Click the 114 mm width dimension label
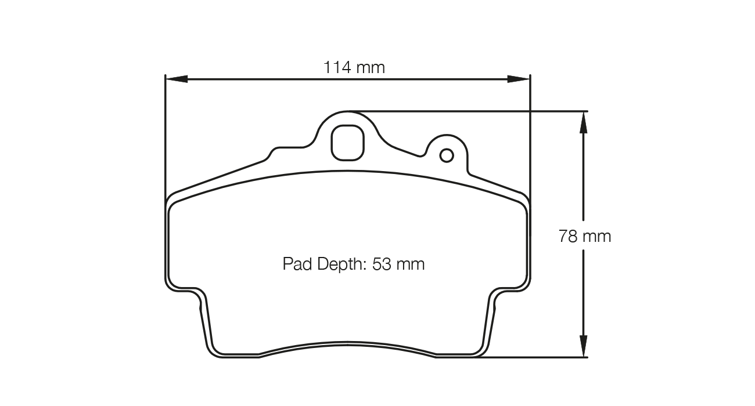point(354,67)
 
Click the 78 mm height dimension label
point(584,237)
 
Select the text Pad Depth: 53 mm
point(354,264)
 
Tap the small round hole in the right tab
point(447,155)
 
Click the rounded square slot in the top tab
point(348,142)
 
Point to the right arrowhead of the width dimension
point(519,79)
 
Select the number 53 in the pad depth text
point(382,264)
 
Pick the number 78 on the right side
point(568,237)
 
